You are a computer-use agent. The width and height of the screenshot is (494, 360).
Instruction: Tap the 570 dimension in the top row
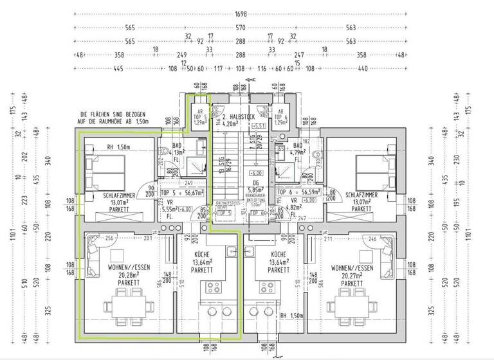point(241,28)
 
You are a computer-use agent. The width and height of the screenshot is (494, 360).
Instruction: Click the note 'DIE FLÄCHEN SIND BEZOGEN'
point(114,113)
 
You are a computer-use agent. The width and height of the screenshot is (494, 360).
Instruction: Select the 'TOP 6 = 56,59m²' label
point(299,192)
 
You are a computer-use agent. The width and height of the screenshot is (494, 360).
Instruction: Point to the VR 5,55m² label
point(170,208)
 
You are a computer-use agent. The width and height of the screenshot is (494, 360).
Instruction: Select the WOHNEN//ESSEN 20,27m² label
point(351,275)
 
